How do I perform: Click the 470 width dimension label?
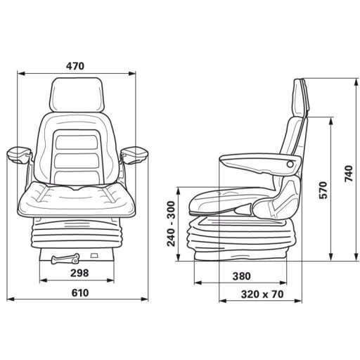[75, 66]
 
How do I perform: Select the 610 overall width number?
[79, 294]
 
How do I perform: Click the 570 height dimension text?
[323, 189]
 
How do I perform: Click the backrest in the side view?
[292, 141]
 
